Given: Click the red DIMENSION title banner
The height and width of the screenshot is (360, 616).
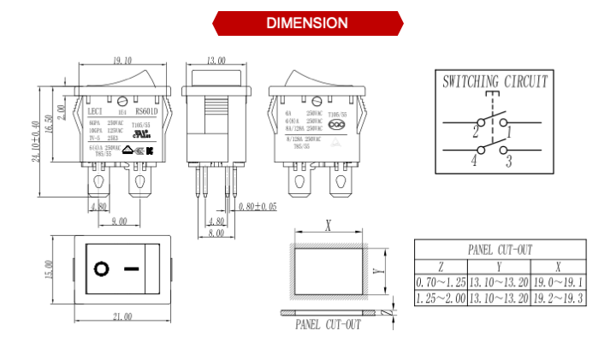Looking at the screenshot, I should click(x=307, y=22).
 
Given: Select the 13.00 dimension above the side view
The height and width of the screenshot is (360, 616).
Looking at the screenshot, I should click(x=216, y=61).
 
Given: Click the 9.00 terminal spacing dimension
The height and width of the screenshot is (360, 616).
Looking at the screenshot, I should click(x=119, y=221).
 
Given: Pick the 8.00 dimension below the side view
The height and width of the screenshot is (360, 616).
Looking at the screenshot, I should click(x=216, y=233).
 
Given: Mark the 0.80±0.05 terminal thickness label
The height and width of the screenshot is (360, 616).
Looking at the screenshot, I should click(x=258, y=206).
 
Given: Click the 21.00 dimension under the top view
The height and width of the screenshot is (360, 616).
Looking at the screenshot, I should click(x=122, y=316).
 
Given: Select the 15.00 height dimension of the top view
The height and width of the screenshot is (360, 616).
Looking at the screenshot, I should click(x=50, y=270).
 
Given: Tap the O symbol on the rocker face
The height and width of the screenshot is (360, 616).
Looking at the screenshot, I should click(x=102, y=269).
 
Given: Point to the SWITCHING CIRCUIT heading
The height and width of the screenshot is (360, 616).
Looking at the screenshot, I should click(x=495, y=83).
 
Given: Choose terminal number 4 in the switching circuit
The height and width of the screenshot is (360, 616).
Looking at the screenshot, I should click(x=473, y=160).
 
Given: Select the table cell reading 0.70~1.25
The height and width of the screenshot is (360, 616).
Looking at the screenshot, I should click(x=441, y=282).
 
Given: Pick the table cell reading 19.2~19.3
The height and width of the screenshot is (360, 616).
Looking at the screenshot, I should click(x=559, y=298).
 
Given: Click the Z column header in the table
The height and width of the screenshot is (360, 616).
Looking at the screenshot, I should click(x=441, y=266).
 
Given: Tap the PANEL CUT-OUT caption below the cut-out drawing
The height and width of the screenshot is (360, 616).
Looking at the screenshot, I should click(x=328, y=324).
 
